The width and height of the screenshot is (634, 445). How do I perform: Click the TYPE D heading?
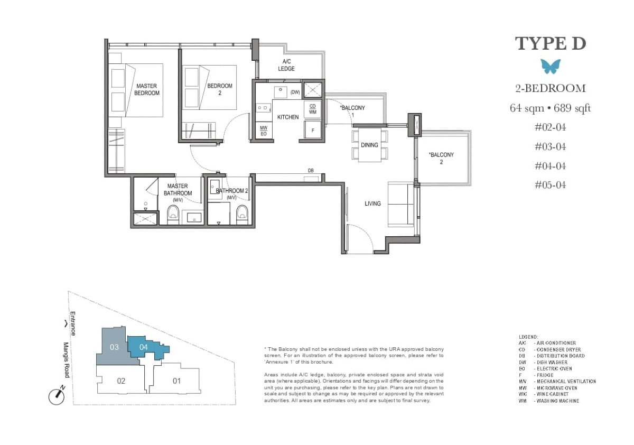click(551, 43)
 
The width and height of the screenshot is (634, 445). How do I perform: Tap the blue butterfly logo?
click(551, 66)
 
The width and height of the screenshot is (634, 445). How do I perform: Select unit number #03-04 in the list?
click(551, 146)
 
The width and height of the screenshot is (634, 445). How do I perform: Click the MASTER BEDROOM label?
click(146, 89)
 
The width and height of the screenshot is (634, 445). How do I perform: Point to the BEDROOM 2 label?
click(219, 89)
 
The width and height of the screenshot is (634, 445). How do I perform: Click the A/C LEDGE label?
click(286, 65)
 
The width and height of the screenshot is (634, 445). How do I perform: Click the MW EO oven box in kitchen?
click(263, 131)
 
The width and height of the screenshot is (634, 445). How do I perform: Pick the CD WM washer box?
click(312, 109)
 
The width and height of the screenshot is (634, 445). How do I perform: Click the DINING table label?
click(369, 145)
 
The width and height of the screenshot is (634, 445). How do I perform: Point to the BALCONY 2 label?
click(441, 158)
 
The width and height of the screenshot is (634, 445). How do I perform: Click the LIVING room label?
click(372, 203)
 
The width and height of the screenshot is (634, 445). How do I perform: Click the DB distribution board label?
click(311, 170)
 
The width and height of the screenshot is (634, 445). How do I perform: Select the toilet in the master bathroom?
click(173, 214)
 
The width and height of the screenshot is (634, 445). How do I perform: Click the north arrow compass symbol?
click(56, 396)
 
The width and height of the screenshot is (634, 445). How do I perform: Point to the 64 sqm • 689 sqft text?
click(551, 108)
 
